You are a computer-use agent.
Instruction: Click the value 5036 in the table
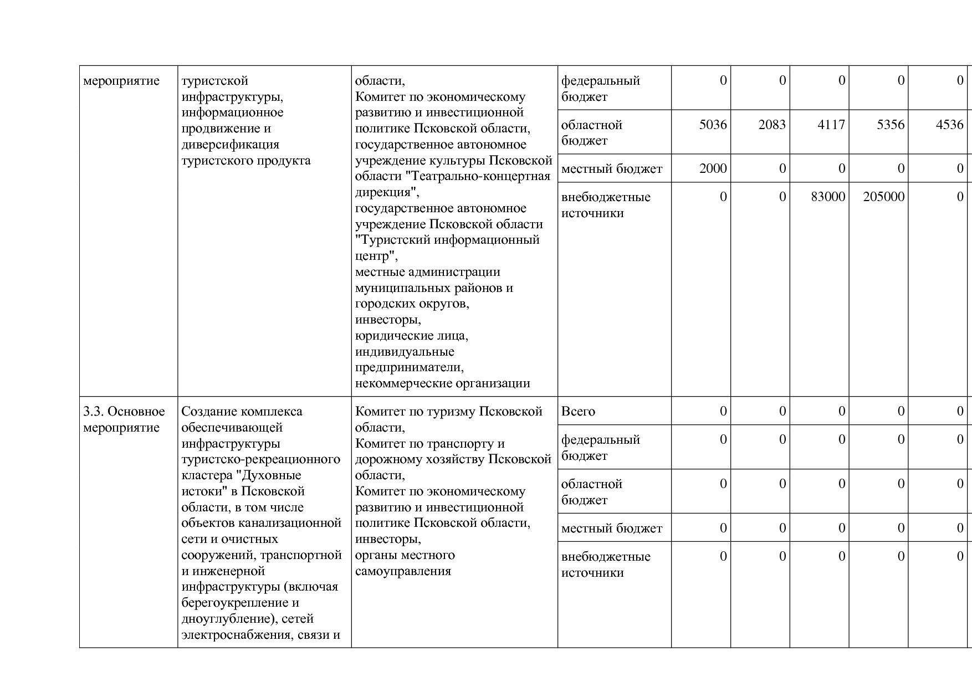click(713, 125)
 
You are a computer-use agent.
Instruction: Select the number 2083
click(772, 125)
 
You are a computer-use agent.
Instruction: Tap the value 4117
click(831, 125)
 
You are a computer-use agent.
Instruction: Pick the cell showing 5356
click(891, 125)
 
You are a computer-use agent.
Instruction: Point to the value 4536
click(950, 125)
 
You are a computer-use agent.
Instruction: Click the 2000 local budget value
click(713, 168)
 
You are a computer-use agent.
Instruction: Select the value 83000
click(828, 197)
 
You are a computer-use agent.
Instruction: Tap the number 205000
click(884, 197)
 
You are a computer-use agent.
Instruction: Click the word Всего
click(578, 412)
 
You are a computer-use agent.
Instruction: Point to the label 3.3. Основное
click(124, 412)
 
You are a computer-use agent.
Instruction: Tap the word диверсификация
click(231, 145)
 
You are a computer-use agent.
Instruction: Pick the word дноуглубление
click(225, 619)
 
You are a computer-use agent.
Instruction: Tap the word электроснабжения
click(236, 635)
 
